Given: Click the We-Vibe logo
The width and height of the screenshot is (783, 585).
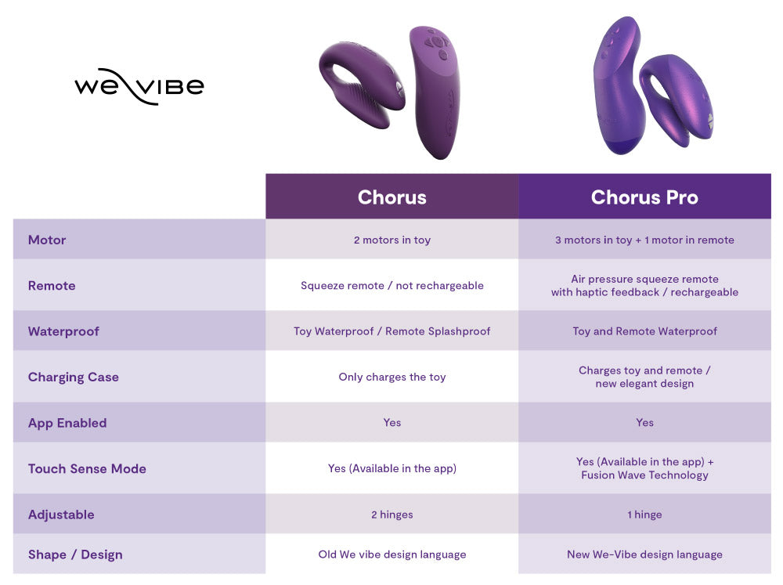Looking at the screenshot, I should [x=139, y=86].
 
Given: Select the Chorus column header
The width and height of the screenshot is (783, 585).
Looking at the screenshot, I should [x=392, y=197].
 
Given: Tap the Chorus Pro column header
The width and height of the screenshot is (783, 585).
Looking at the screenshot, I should [x=644, y=197].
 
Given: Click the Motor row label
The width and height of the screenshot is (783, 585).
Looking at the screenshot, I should [x=47, y=240].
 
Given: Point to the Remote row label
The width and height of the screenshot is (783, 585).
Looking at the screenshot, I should [x=52, y=286].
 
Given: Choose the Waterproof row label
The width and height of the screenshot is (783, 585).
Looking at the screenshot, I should [x=63, y=331].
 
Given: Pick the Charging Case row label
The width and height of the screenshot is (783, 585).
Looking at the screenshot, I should [x=73, y=377].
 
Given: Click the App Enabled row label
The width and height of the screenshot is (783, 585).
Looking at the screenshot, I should [x=67, y=423].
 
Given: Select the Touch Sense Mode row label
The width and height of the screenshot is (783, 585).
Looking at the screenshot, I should [x=87, y=468].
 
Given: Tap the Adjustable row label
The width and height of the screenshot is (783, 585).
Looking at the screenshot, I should [x=61, y=515].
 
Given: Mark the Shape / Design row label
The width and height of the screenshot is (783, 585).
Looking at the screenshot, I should [x=75, y=554].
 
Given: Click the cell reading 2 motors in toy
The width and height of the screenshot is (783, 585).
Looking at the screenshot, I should [x=392, y=240].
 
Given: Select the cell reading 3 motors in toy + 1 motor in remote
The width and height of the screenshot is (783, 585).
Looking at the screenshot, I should [x=644, y=240].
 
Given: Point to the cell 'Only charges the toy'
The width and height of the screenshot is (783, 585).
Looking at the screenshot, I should [x=392, y=377].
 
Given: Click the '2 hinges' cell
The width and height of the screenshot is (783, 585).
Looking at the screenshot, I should [x=392, y=515].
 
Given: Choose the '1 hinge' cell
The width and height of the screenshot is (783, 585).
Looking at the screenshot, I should [x=644, y=515].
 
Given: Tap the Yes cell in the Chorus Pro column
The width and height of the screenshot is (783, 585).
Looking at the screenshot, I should [x=644, y=423].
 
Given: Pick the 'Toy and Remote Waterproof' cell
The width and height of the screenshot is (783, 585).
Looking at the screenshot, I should [x=644, y=331].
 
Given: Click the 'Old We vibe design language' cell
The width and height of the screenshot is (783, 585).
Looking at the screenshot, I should [x=392, y=554].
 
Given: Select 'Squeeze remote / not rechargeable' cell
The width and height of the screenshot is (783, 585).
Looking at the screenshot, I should [x=392, y=286].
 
